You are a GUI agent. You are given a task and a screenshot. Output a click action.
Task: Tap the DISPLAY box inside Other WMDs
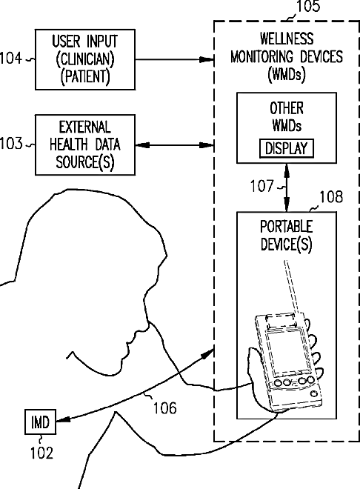pos(287,148)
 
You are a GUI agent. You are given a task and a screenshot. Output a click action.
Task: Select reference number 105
pos(308,6)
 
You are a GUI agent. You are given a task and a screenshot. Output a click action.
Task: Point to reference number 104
pos(11,58)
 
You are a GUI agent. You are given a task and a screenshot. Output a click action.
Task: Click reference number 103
pos(11,144)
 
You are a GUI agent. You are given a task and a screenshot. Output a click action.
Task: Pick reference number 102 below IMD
pos(41,453)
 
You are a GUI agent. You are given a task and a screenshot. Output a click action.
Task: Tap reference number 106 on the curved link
pos(165,408)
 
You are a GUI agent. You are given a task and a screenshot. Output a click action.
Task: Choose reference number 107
pos(261,186)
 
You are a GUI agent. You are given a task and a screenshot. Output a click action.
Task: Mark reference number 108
pos(331,197)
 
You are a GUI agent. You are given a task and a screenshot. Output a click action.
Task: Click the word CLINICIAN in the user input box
pos(85,59)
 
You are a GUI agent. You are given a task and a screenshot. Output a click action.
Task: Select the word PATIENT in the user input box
pos(85,76)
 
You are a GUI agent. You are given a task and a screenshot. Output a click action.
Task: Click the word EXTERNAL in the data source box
pos(85,127)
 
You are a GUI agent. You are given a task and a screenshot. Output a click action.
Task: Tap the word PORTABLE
pos(287,227)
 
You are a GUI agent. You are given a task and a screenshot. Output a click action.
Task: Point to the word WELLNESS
pos(287,39)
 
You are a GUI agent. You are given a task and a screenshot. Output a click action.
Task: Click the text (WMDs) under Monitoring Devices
pos(287,74)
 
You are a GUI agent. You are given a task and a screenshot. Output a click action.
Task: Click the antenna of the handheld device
pos(291,287)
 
